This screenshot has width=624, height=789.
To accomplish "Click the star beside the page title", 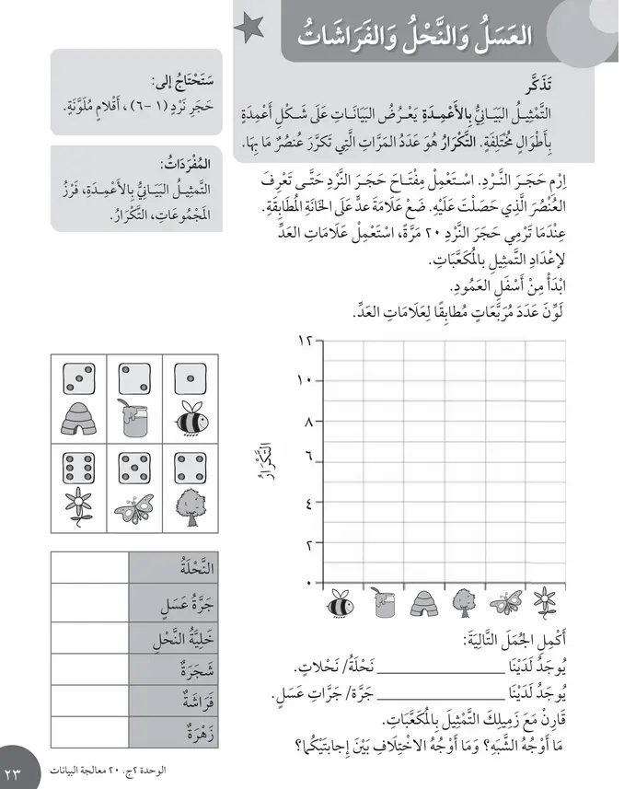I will tap(248, 31).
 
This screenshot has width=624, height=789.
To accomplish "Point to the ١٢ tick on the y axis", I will tap(306, 341).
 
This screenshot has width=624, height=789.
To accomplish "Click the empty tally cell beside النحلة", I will tap(89, 567).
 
